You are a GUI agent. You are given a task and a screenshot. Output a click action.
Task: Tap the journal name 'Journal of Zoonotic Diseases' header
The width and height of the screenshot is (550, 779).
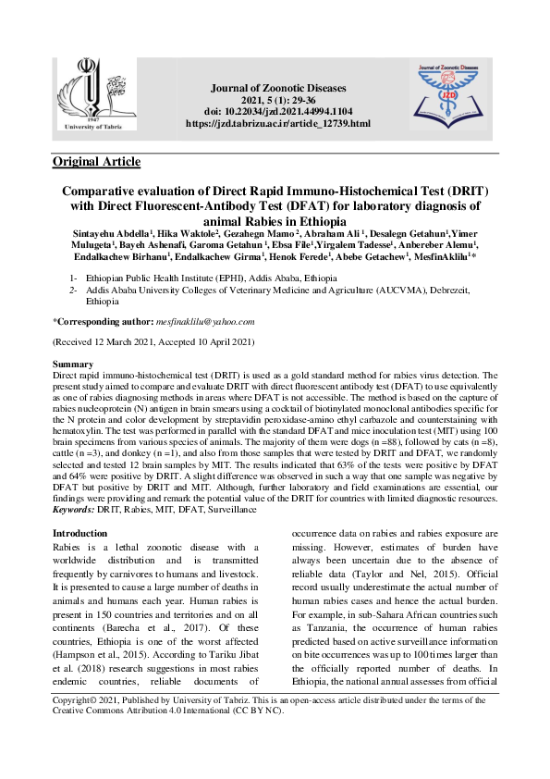pos(277,88)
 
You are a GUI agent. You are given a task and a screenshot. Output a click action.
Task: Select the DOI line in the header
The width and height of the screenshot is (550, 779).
pos(277,111)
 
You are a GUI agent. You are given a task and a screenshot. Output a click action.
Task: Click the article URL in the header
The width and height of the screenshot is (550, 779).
pos(277,123)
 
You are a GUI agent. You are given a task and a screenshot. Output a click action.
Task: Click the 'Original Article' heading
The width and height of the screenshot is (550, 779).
pos(96,162)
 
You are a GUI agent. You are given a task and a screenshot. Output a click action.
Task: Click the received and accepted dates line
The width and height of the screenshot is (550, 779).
pos(153,342)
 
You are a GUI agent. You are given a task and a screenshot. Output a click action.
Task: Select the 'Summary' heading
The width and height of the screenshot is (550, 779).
pos(73,365)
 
